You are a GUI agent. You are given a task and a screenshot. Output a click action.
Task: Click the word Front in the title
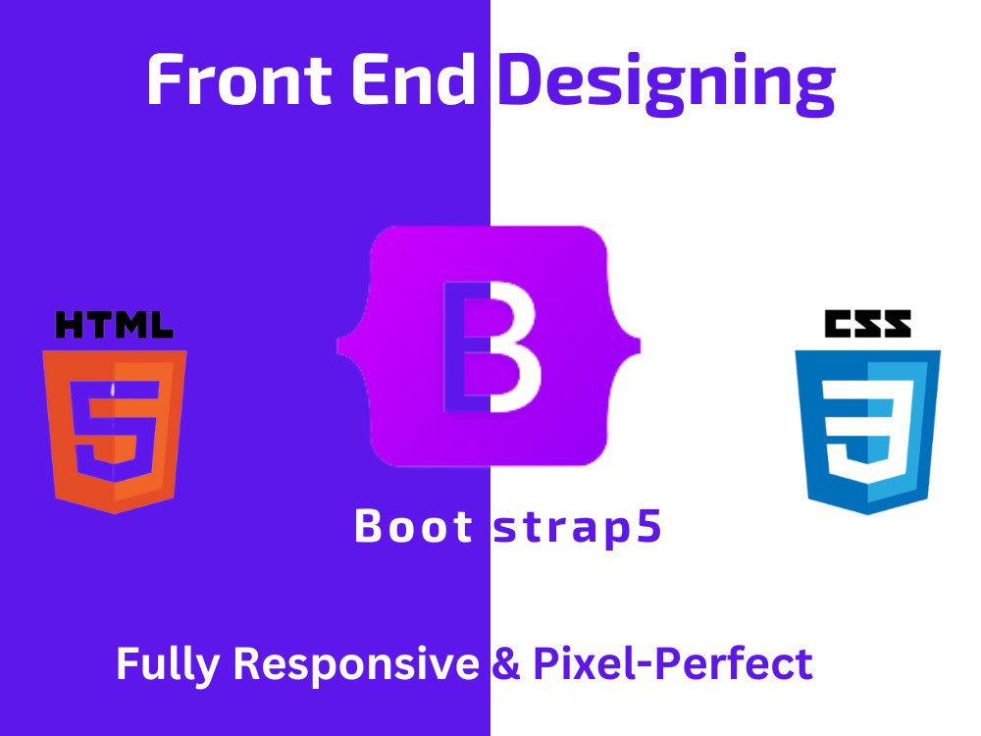click(x=239, y=79)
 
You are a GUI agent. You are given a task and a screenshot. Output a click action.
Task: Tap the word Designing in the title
click(x=666, y=84)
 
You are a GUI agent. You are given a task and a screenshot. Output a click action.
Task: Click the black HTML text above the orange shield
click(x=115, y=325)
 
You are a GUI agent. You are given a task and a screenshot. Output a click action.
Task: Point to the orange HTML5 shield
click(x=115, y=431)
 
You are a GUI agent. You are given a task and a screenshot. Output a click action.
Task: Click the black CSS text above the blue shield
click(x=868, y=324)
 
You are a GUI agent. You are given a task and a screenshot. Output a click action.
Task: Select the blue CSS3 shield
click(x=868, y=432)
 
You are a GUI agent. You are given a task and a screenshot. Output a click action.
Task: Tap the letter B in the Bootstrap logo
click(x=491, y=346)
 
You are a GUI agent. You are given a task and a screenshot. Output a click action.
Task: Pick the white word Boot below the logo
click(x=413, y=526)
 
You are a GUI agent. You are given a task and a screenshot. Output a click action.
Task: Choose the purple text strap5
click(x=577, y=529)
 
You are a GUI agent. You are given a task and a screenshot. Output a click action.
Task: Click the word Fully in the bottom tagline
click(x=168, y=664)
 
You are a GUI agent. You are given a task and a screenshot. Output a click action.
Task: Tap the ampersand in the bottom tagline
click(x=505, y=663)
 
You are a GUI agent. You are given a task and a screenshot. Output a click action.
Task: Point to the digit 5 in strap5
click(x=649, y=526)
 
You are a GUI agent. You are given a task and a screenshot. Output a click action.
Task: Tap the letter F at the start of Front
click(x=165, y=79)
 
